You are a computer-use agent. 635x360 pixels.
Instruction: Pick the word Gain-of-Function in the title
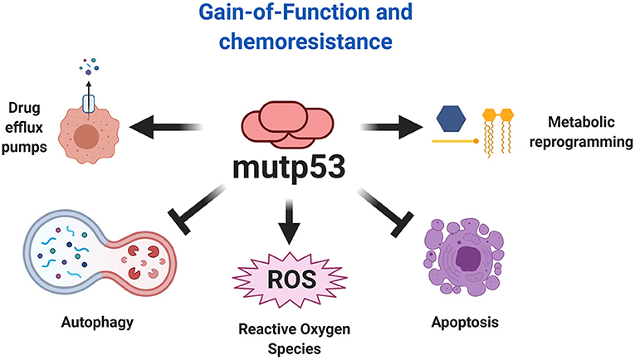point(286,15)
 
